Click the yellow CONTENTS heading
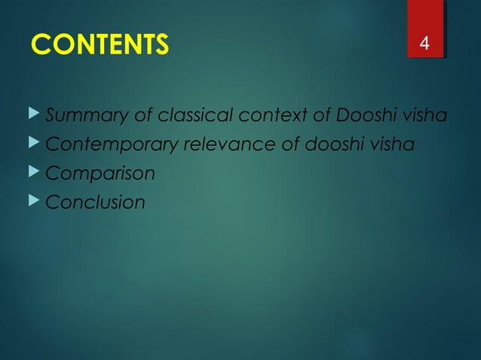[100, 45]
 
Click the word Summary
[80, 116]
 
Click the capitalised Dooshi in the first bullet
[365, 116]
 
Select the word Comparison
[100, 173]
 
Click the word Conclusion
[95, 202]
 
